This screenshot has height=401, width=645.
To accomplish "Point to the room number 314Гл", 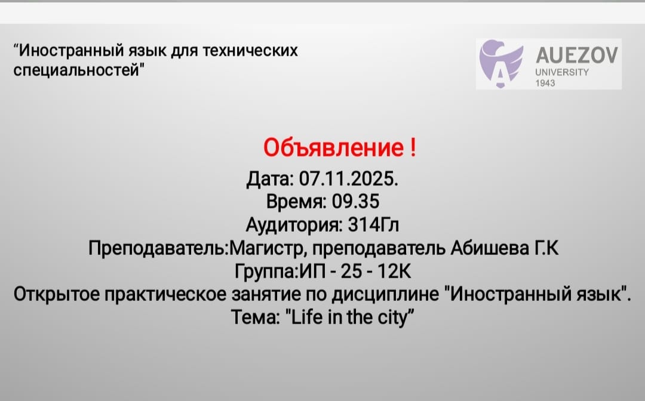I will pyautogui.click(x=373, y=225).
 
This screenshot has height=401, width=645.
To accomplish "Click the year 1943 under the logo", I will pyautogui.click(x=545, y=83).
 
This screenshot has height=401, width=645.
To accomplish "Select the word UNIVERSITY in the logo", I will pyautogui.click(x=562, y=72).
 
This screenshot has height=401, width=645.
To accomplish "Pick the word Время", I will pyautogui.click(x=295, y=202).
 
